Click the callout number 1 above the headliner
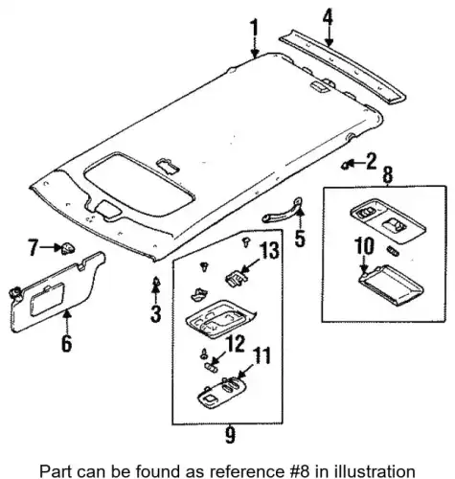pos(254,30)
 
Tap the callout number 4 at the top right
pos(328,18)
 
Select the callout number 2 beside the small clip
pos(371,161)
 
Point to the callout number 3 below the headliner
pos(155,313)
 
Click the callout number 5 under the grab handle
pos(300,238)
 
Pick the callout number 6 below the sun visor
pos(66,343)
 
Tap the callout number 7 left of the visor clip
pos(33,247)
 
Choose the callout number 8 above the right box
pos(387,175)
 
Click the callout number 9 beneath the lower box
pos(230,435)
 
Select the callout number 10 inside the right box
pos(364,246)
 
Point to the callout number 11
pos(261,355)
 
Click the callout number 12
pos(234,344)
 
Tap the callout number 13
pos(268,250)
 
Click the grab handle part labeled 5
pos(282,210)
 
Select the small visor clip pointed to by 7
pos(68,248)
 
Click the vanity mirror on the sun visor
pos(47,299)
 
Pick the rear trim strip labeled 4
pos(343,66)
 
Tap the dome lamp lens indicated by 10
pos(392,285)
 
